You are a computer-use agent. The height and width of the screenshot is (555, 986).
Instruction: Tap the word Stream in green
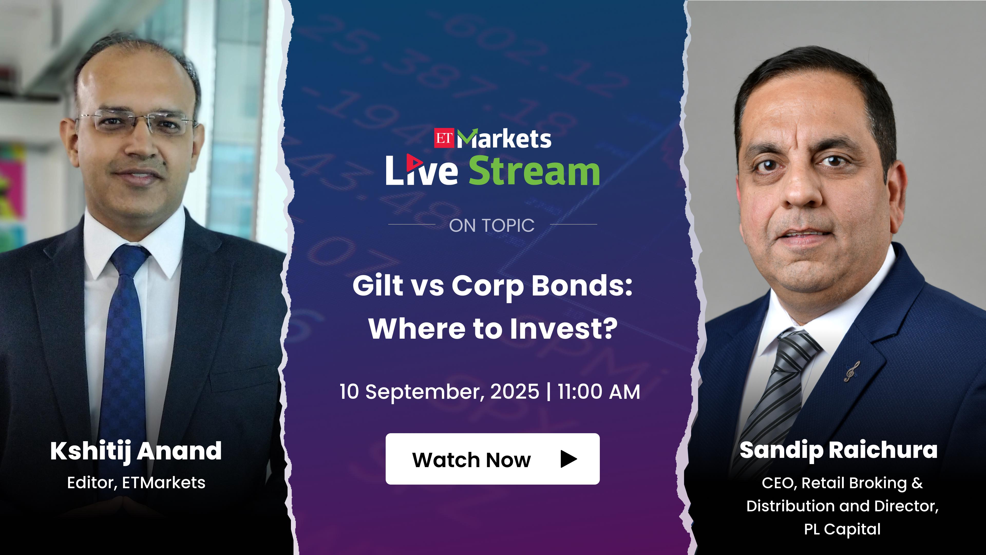pyautogui.click(x=534, y=171)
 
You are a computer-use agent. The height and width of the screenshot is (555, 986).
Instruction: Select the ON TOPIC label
pyautogui.click(x=492, y=226)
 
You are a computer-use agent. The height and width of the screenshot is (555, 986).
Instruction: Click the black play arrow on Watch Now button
pyautogui.click(x=569, y=459)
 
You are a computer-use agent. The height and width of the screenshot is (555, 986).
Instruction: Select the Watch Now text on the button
pyautogui.click(x=472, y=460)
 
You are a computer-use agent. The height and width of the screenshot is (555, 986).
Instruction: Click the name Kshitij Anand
pyautogui.click(x=136, y=451)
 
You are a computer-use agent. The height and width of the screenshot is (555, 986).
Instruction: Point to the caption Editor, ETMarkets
pyautogui.click(x=136, y=483)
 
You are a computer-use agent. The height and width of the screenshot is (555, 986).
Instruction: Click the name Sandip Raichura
pyautogui.click(x=839, y=450)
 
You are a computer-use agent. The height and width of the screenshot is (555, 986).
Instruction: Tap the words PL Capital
pyautogui.click(x=842, y=529)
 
